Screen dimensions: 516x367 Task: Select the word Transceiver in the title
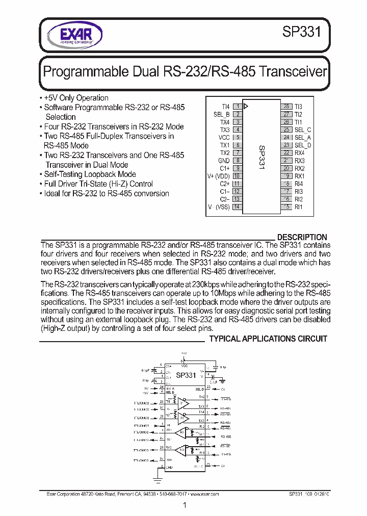(x=293, y=71)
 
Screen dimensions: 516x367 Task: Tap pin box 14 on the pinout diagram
(x=237, y=207)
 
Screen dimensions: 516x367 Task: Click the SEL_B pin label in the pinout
(x=221, y=114)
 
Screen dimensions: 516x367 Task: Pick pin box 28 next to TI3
(x=286, y=107)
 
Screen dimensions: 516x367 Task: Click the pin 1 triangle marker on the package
(x=247, y=107)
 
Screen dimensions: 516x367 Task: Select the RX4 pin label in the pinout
(x=299, y=153)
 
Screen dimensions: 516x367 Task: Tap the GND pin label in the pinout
(x=224, y=161)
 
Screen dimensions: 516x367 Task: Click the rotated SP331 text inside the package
(x=261, y=157)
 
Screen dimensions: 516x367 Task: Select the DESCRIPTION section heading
(x=302, y=237)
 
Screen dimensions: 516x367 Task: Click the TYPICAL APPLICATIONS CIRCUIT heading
(x=269, y=339)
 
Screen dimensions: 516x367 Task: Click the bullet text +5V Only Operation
(x=76, y=98)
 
